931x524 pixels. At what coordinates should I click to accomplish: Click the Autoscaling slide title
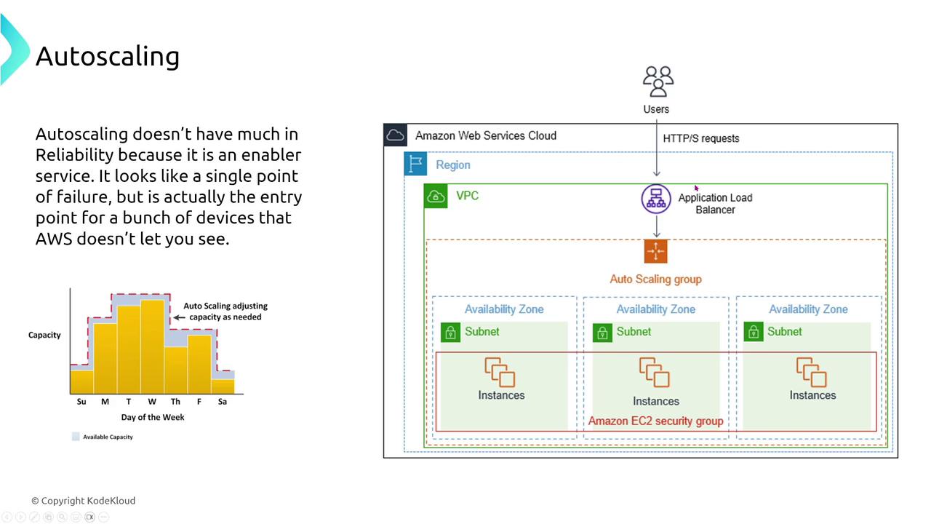108,57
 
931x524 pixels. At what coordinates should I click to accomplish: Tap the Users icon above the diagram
658,82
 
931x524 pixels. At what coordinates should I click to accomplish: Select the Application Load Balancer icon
656,199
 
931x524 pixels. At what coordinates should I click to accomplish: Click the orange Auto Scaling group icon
655,251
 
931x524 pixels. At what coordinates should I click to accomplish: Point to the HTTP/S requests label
700,138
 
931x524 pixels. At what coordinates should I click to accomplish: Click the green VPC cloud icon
436,196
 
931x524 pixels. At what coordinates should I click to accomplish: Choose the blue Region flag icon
416,164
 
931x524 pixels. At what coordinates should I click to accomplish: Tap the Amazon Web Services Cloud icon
395,135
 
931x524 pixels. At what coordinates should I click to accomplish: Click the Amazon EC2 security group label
655,421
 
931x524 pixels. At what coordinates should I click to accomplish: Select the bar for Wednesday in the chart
152,346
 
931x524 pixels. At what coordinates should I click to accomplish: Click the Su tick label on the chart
81,402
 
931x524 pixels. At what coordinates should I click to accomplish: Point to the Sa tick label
223,402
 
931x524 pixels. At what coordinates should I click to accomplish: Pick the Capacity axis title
44,335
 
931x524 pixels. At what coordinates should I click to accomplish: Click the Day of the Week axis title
153,417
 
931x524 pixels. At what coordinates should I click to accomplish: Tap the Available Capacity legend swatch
75,437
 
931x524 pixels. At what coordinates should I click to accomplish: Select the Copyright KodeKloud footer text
83,501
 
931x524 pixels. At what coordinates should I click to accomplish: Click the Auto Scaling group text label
655,279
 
